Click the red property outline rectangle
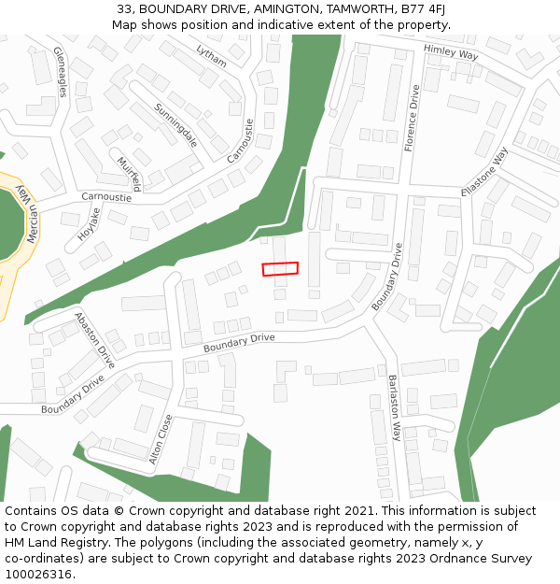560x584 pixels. [280, 269]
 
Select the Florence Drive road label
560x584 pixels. [412, 118]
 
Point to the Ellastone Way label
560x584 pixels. [485, 171]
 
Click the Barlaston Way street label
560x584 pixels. [394, 407]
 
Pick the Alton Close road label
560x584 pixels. [161, 439]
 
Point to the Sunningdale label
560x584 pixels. [176, 125]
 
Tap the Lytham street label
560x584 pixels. [212, 55]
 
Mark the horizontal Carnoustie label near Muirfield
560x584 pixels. [106, 197]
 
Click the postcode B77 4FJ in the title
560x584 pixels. [422, 9]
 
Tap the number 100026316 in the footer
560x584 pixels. [38, 574]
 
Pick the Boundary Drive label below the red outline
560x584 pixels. [239, 342]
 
